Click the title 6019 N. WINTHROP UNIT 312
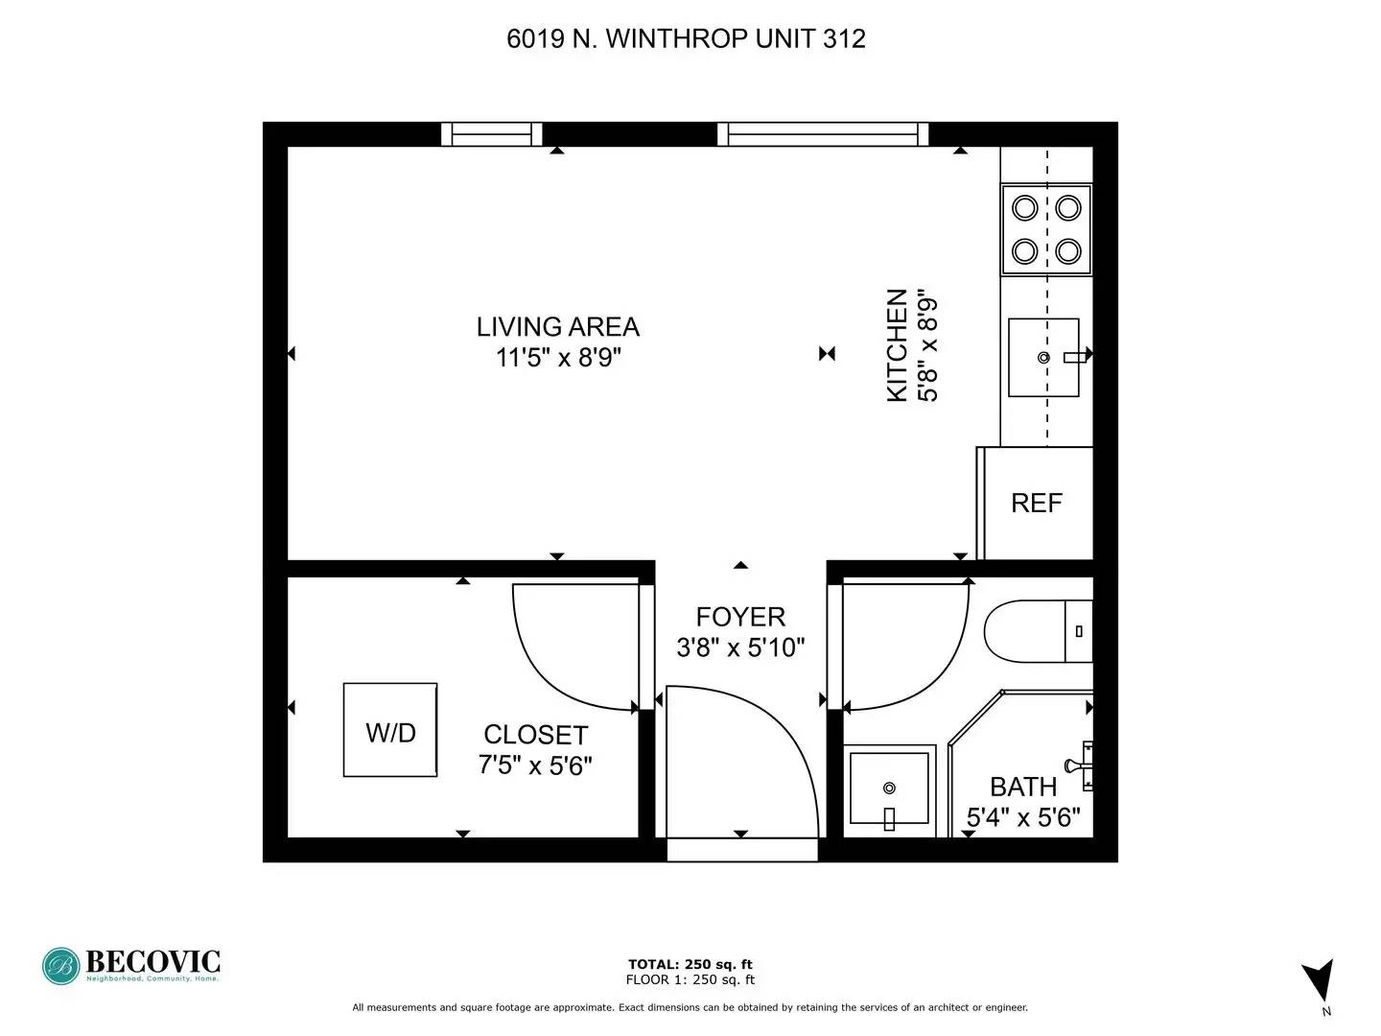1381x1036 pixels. (x=686, y=39)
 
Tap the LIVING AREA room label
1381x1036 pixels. (x=558, y=327)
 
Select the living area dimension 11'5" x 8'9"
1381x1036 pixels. (x=558, y=358)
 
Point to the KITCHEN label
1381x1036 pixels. (x=898, y=345)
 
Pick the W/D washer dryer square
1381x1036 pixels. (x=390, y=730)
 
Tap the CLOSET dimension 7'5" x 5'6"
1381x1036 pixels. (x=535, y=765)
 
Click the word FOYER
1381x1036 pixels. (x=740, y=617)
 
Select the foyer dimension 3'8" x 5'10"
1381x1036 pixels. (x=740, y=647)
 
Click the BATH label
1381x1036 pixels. (x=1023, y=787)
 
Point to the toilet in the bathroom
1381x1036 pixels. (x=1038, y=631)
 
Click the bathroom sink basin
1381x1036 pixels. (x=889, y=790)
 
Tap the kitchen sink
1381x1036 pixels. (x=1043, y=357)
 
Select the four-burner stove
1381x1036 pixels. (x=1046, y=229)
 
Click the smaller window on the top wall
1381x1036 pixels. (x=491, y=134)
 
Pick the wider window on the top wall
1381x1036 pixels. (x=823, y=134)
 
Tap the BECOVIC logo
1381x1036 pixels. (x=130, y=966)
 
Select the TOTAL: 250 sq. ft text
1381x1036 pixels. (x=690, y=964)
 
